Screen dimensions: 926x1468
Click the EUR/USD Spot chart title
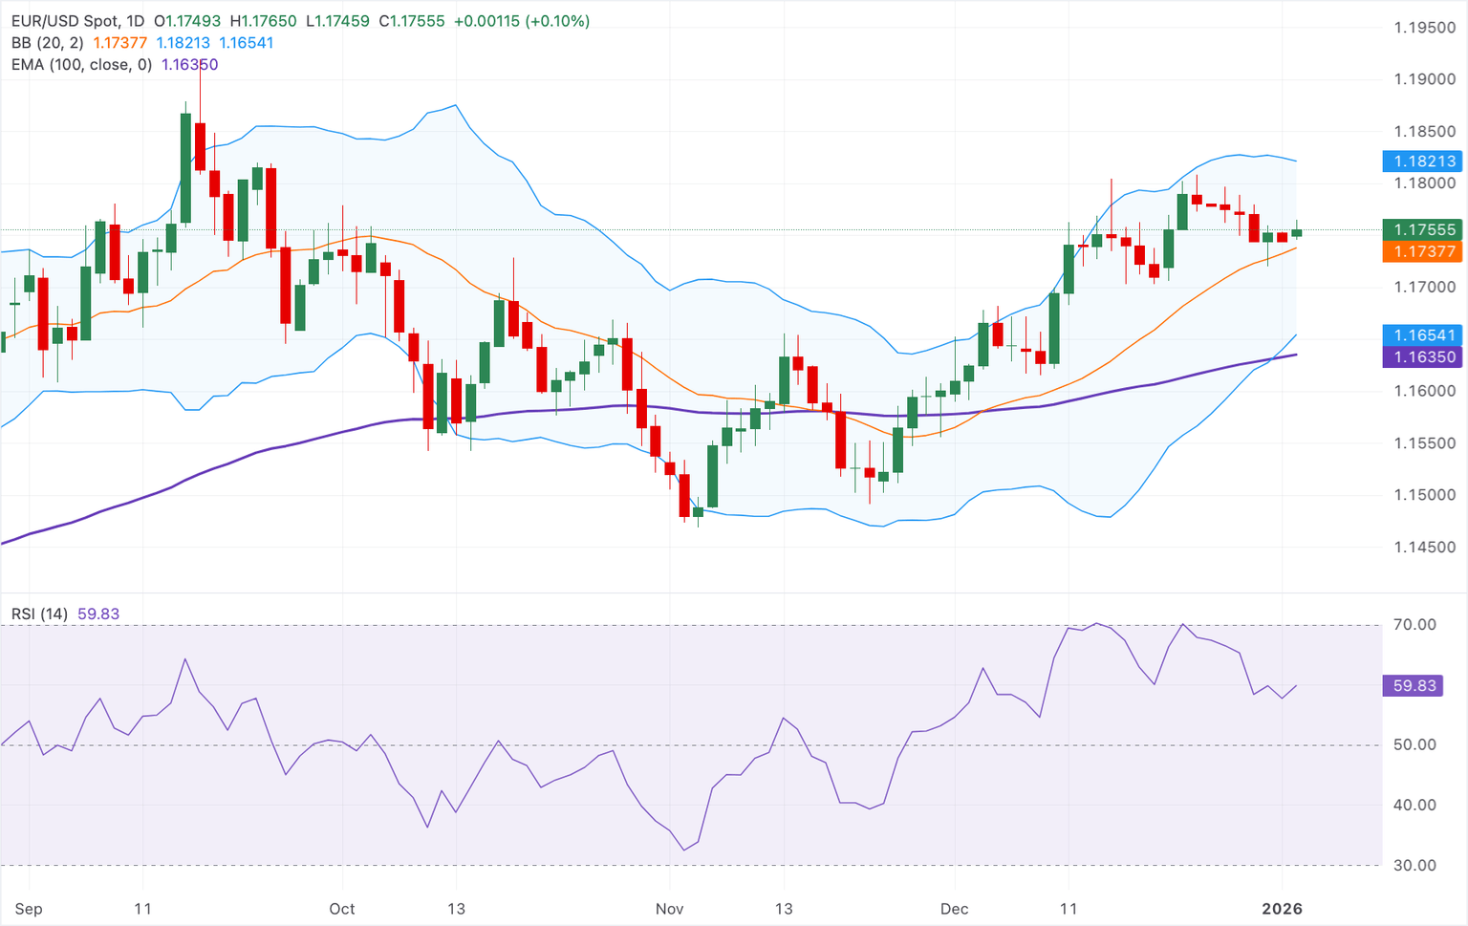click(77, 21)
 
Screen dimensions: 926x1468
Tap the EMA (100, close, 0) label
click(81, 65)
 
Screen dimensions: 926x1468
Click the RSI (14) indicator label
click(39, 614)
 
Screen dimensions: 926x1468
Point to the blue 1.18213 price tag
click(1423, 162)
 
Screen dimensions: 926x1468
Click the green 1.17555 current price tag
click(1423, 229)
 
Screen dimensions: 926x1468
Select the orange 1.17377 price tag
click(1423, 251)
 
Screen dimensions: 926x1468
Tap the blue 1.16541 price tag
click(1423, 335)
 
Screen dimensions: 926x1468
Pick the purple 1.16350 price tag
click(1423, 357)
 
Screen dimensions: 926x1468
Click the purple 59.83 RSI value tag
click(1414, 686)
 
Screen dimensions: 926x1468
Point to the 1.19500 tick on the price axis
click(1424, 28)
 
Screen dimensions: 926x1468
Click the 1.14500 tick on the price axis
click(1424, 548)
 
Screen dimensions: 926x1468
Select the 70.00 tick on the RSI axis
click(1414, 625)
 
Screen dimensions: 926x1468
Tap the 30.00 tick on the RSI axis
click(1414, 866)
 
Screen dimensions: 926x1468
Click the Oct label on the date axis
click(341, 909)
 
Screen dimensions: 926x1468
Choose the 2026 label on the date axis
click(1282, 909)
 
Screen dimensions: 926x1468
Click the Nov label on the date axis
click(669, 909)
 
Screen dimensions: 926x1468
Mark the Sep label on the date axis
click(29, 909)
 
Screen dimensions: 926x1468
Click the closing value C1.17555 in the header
click(412, 21)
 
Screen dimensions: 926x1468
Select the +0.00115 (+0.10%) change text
click(522, 21)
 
